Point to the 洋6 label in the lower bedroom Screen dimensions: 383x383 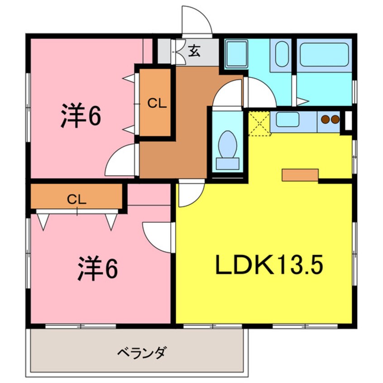(x=98, y=269)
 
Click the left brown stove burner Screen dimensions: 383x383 (x=325, y=120)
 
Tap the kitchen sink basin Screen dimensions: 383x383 (x=287, y=120)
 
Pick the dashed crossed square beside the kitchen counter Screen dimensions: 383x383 (x=259, y=123)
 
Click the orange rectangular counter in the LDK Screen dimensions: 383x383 (x=300, y=175)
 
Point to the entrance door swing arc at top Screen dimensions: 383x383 (x=196, y=21)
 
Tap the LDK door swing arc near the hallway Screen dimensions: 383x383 (x=190, y=194)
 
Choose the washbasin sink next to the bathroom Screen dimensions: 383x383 (x=282, y=54)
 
